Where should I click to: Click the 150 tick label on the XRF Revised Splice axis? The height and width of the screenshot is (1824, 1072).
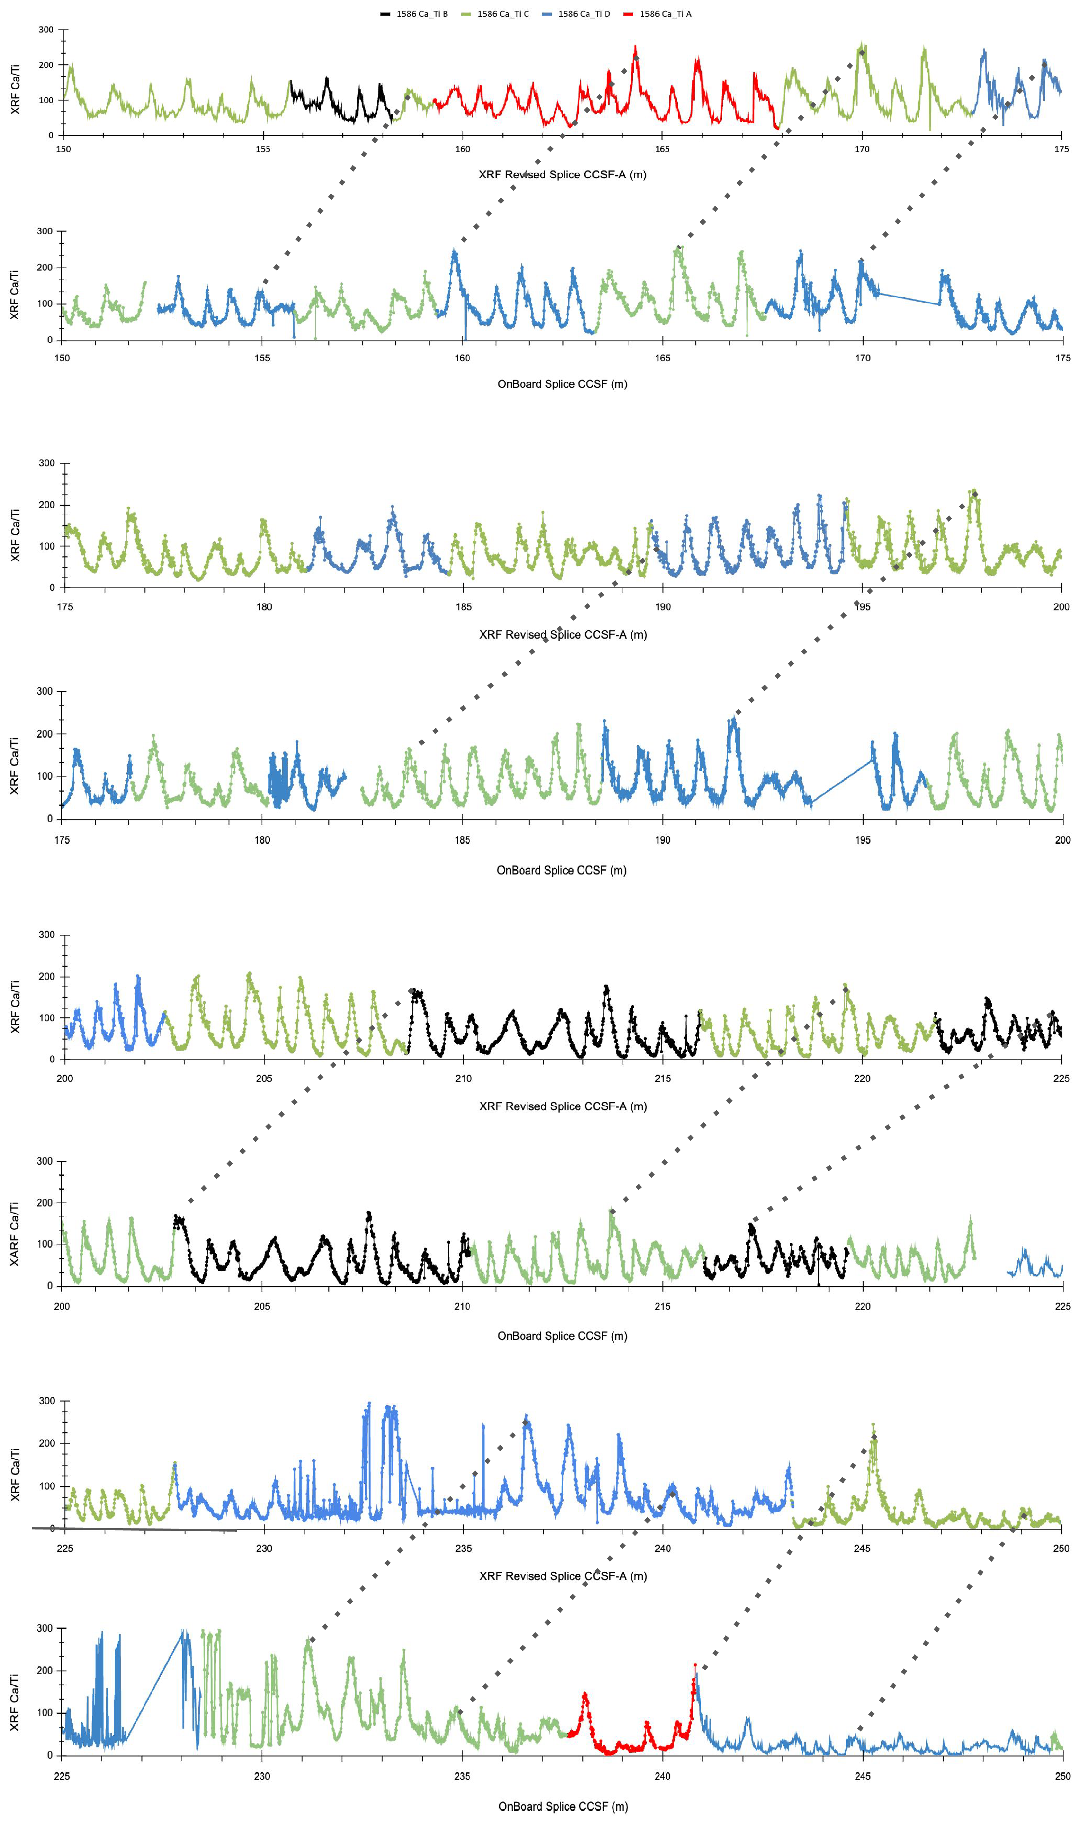[x=64, y=149]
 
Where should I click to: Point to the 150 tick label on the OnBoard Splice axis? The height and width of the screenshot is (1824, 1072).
[x=63, y=358]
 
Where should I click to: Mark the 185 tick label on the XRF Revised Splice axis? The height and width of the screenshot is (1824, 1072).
[x=463, y=607]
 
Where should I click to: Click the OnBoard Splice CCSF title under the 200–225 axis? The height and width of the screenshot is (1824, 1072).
[x=562, y=1336]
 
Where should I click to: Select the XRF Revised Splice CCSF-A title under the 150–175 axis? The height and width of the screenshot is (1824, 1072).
[x=562, y=174]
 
